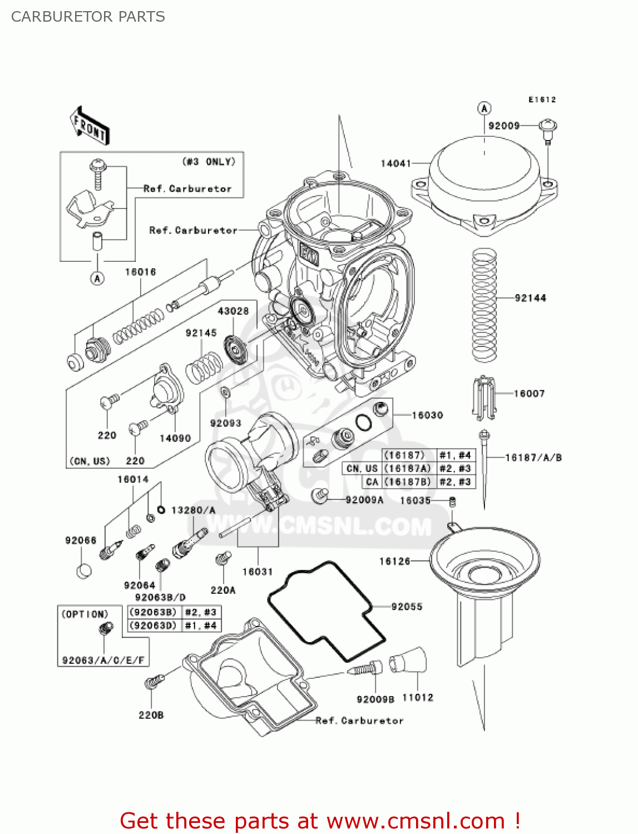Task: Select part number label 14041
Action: tap(395, 163)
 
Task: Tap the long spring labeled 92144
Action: tap(484, 305)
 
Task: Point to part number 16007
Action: tap(529, 394)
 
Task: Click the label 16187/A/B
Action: tap(533, 458)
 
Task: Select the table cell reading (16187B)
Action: tap(408, 482)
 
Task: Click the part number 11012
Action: tap(417, 697)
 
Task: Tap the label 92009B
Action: tap(375, 699)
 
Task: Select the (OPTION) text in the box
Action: tap(85, 614)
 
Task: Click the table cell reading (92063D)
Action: tap(153, 625)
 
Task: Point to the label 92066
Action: tap(81, 540)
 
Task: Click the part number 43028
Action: tap(233, 311)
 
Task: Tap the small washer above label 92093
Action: tap(225, 393)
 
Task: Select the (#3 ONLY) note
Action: tap(209, 162)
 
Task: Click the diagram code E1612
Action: tap(542, 100)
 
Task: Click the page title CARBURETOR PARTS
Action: tap(88, 17)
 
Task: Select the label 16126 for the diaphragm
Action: tap(394, 562)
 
